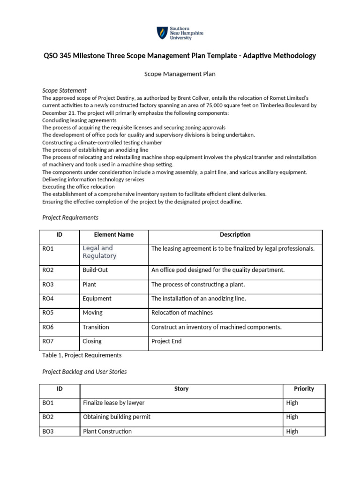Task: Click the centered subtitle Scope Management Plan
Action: click(x=179, y=74)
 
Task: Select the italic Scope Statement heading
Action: click(x=64, y=90)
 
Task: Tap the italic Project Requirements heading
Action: click(x=70, y=217)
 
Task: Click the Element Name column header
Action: click(x=113, y=234)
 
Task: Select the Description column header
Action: click(x=235, y=234)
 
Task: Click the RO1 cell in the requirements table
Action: click(x=48, y=248)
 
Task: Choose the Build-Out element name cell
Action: click(x=95, y=270)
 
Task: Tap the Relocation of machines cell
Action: click(x=175, y=313)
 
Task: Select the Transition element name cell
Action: click(x=96, y=327)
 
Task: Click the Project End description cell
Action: click(x=166, y=341)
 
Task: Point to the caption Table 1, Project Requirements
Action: click(x=82, y=355)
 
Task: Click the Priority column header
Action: click(x=304, y=389)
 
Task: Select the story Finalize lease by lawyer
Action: click(x=113, y=403)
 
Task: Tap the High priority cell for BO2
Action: click(x=292, y=417)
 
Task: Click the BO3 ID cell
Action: click(x=48, y=431)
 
